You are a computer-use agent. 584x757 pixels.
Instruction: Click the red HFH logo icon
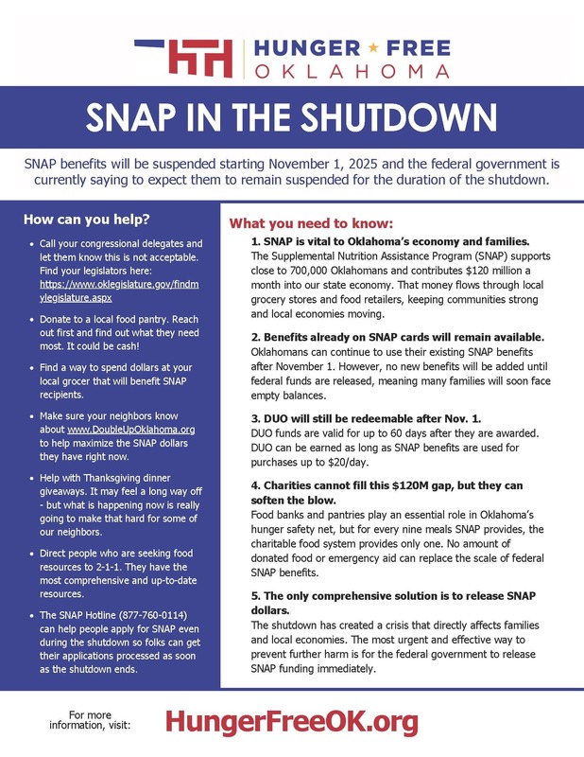pyautogui.click(x=199, y=56)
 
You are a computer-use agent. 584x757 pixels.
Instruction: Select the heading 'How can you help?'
pyautogui.click(x=86, y=220)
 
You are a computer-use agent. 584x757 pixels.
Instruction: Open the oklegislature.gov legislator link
pyautogui.click(x=118, y=290)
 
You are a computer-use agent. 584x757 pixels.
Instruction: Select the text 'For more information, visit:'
pyautogui.click(x=98, y=719)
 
